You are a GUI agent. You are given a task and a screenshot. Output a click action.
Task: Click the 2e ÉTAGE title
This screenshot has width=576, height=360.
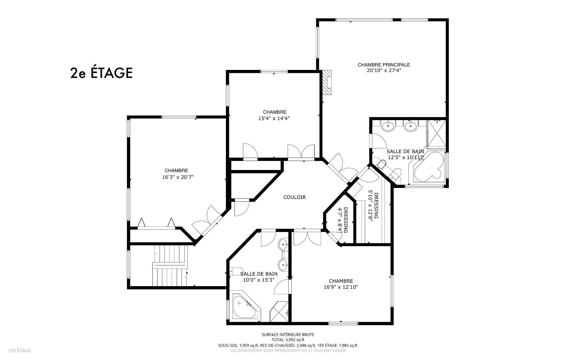[x=101, y=73]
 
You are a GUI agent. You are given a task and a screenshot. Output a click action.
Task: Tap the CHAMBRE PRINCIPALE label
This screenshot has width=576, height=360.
[x=384, y=65]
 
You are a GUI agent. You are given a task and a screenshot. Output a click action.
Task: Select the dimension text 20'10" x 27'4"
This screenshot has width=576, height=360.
[x=384, y=71]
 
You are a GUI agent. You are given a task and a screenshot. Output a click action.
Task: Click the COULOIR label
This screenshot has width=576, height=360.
[x=294, y=197]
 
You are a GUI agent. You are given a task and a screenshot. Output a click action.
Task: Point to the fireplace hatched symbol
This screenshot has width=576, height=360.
[x=327, y=83]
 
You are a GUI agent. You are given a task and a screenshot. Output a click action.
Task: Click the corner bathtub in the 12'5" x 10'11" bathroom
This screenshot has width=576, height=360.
[x=428, y=168]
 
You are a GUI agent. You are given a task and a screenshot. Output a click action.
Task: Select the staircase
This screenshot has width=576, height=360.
[x=170, y=266]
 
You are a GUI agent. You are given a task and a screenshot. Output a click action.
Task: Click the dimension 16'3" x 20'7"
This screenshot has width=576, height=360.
[x=178, y=177]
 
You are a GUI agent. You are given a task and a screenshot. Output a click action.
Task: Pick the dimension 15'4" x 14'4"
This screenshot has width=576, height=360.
[x=274, y=118]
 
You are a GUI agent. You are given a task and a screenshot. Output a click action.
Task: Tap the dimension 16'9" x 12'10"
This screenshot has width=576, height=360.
[x=340, y=287]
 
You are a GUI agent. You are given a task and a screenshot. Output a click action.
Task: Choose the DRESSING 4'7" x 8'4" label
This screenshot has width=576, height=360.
[x=343, y=220]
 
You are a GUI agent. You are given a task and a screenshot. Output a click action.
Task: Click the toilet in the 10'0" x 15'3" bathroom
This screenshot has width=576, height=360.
[x=236, y=271]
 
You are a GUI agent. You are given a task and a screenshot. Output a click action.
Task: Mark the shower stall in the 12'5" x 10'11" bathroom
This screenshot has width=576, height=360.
[x=436, y=134]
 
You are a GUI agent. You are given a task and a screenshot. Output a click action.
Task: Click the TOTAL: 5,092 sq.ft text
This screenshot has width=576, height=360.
[x=288, y=340]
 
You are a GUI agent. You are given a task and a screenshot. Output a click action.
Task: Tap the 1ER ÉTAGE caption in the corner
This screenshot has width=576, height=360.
[x=19, y=350]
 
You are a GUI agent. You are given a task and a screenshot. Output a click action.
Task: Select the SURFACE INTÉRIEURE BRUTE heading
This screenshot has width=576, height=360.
[x=288, y=334]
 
